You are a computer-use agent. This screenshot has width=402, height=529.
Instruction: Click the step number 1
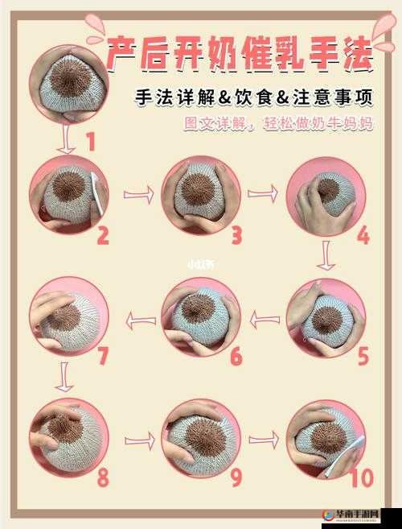[x=91, y=143]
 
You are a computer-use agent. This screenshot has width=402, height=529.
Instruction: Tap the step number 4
[x=363, y=236]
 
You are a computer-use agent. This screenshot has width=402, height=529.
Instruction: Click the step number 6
[x=235, y=356]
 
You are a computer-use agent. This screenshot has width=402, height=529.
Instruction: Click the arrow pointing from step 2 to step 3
[x=138, y=195]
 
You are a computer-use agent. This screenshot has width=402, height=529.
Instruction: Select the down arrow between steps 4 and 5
[x=325, y=256]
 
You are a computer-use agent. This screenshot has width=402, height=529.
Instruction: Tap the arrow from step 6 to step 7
[x=142, y=320]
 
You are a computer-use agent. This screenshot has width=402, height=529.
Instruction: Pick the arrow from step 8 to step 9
[x=139, y=440]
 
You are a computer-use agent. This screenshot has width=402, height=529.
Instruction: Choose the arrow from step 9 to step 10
[x=263, y=440]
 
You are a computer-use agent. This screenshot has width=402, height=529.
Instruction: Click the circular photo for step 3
[x=201, y=194]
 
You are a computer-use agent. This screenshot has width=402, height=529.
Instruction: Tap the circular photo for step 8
[x=68, y=439]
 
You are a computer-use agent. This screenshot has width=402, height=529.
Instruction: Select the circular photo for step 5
[x=326, y=319]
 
